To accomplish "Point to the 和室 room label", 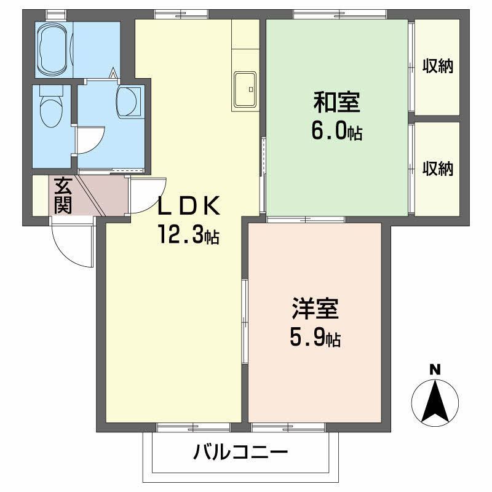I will pos(336,103).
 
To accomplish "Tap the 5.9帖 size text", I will pos(315,338).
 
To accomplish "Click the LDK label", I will pos(189,206).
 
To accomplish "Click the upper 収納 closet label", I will pos(437,66).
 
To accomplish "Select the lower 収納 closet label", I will pos(437,168).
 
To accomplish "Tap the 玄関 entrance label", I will pos(62,196).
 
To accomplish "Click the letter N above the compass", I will pos(435,370).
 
